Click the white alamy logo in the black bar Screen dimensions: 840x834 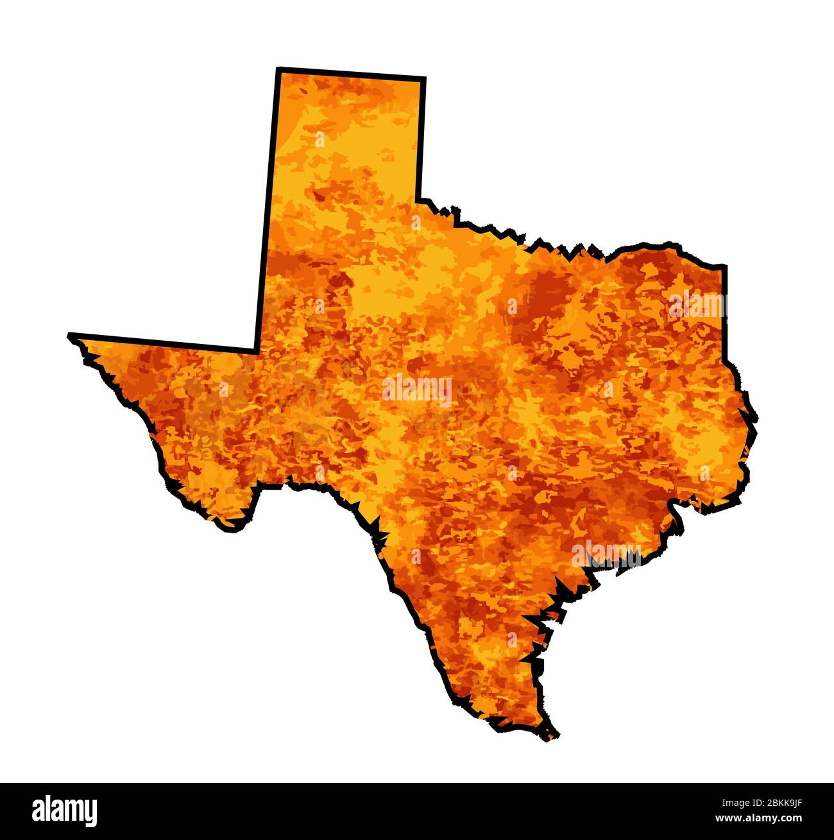[64, 810]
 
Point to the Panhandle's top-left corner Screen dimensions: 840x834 [278, 69]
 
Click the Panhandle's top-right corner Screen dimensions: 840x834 [424, 79]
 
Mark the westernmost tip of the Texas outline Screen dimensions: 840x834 [69, 334]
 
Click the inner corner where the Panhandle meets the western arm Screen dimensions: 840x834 [257, 350]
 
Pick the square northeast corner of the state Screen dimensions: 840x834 [725, 265]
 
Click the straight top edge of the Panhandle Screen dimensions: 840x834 [351, 73]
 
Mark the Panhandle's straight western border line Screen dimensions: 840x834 [268, 212]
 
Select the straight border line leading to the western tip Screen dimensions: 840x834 [164, 343]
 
